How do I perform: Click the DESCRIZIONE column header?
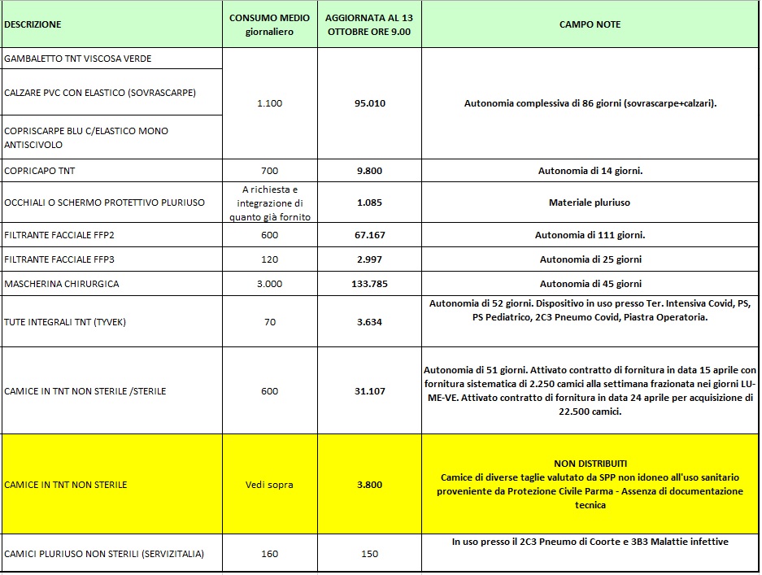33,24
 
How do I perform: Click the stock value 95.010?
369,103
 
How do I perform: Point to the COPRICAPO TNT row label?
40,171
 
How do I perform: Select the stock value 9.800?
369,171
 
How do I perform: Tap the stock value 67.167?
369,235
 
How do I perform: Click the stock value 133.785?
369,284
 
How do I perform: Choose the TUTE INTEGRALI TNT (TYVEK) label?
65,322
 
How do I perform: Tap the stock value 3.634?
369,322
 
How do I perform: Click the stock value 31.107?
369,391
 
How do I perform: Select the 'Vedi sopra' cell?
269,485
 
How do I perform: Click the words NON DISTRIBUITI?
590,464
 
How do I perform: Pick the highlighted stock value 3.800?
369,485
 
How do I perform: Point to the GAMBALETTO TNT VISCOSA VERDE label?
78,59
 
